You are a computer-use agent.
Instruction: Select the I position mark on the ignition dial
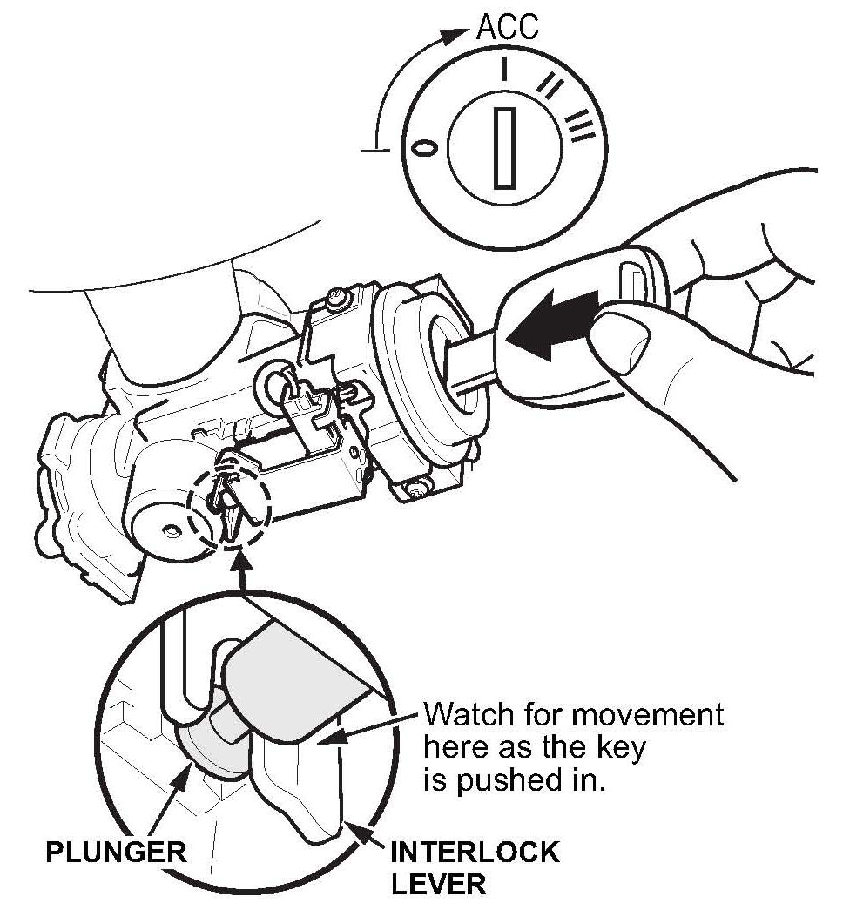tap(503, 69)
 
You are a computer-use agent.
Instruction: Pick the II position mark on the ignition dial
tap(550, 85)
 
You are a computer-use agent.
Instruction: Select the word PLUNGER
tap(116, 850)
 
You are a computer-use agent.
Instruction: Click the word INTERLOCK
tap(475, 851)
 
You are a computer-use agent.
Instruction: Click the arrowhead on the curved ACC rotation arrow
tap(451, 36)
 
